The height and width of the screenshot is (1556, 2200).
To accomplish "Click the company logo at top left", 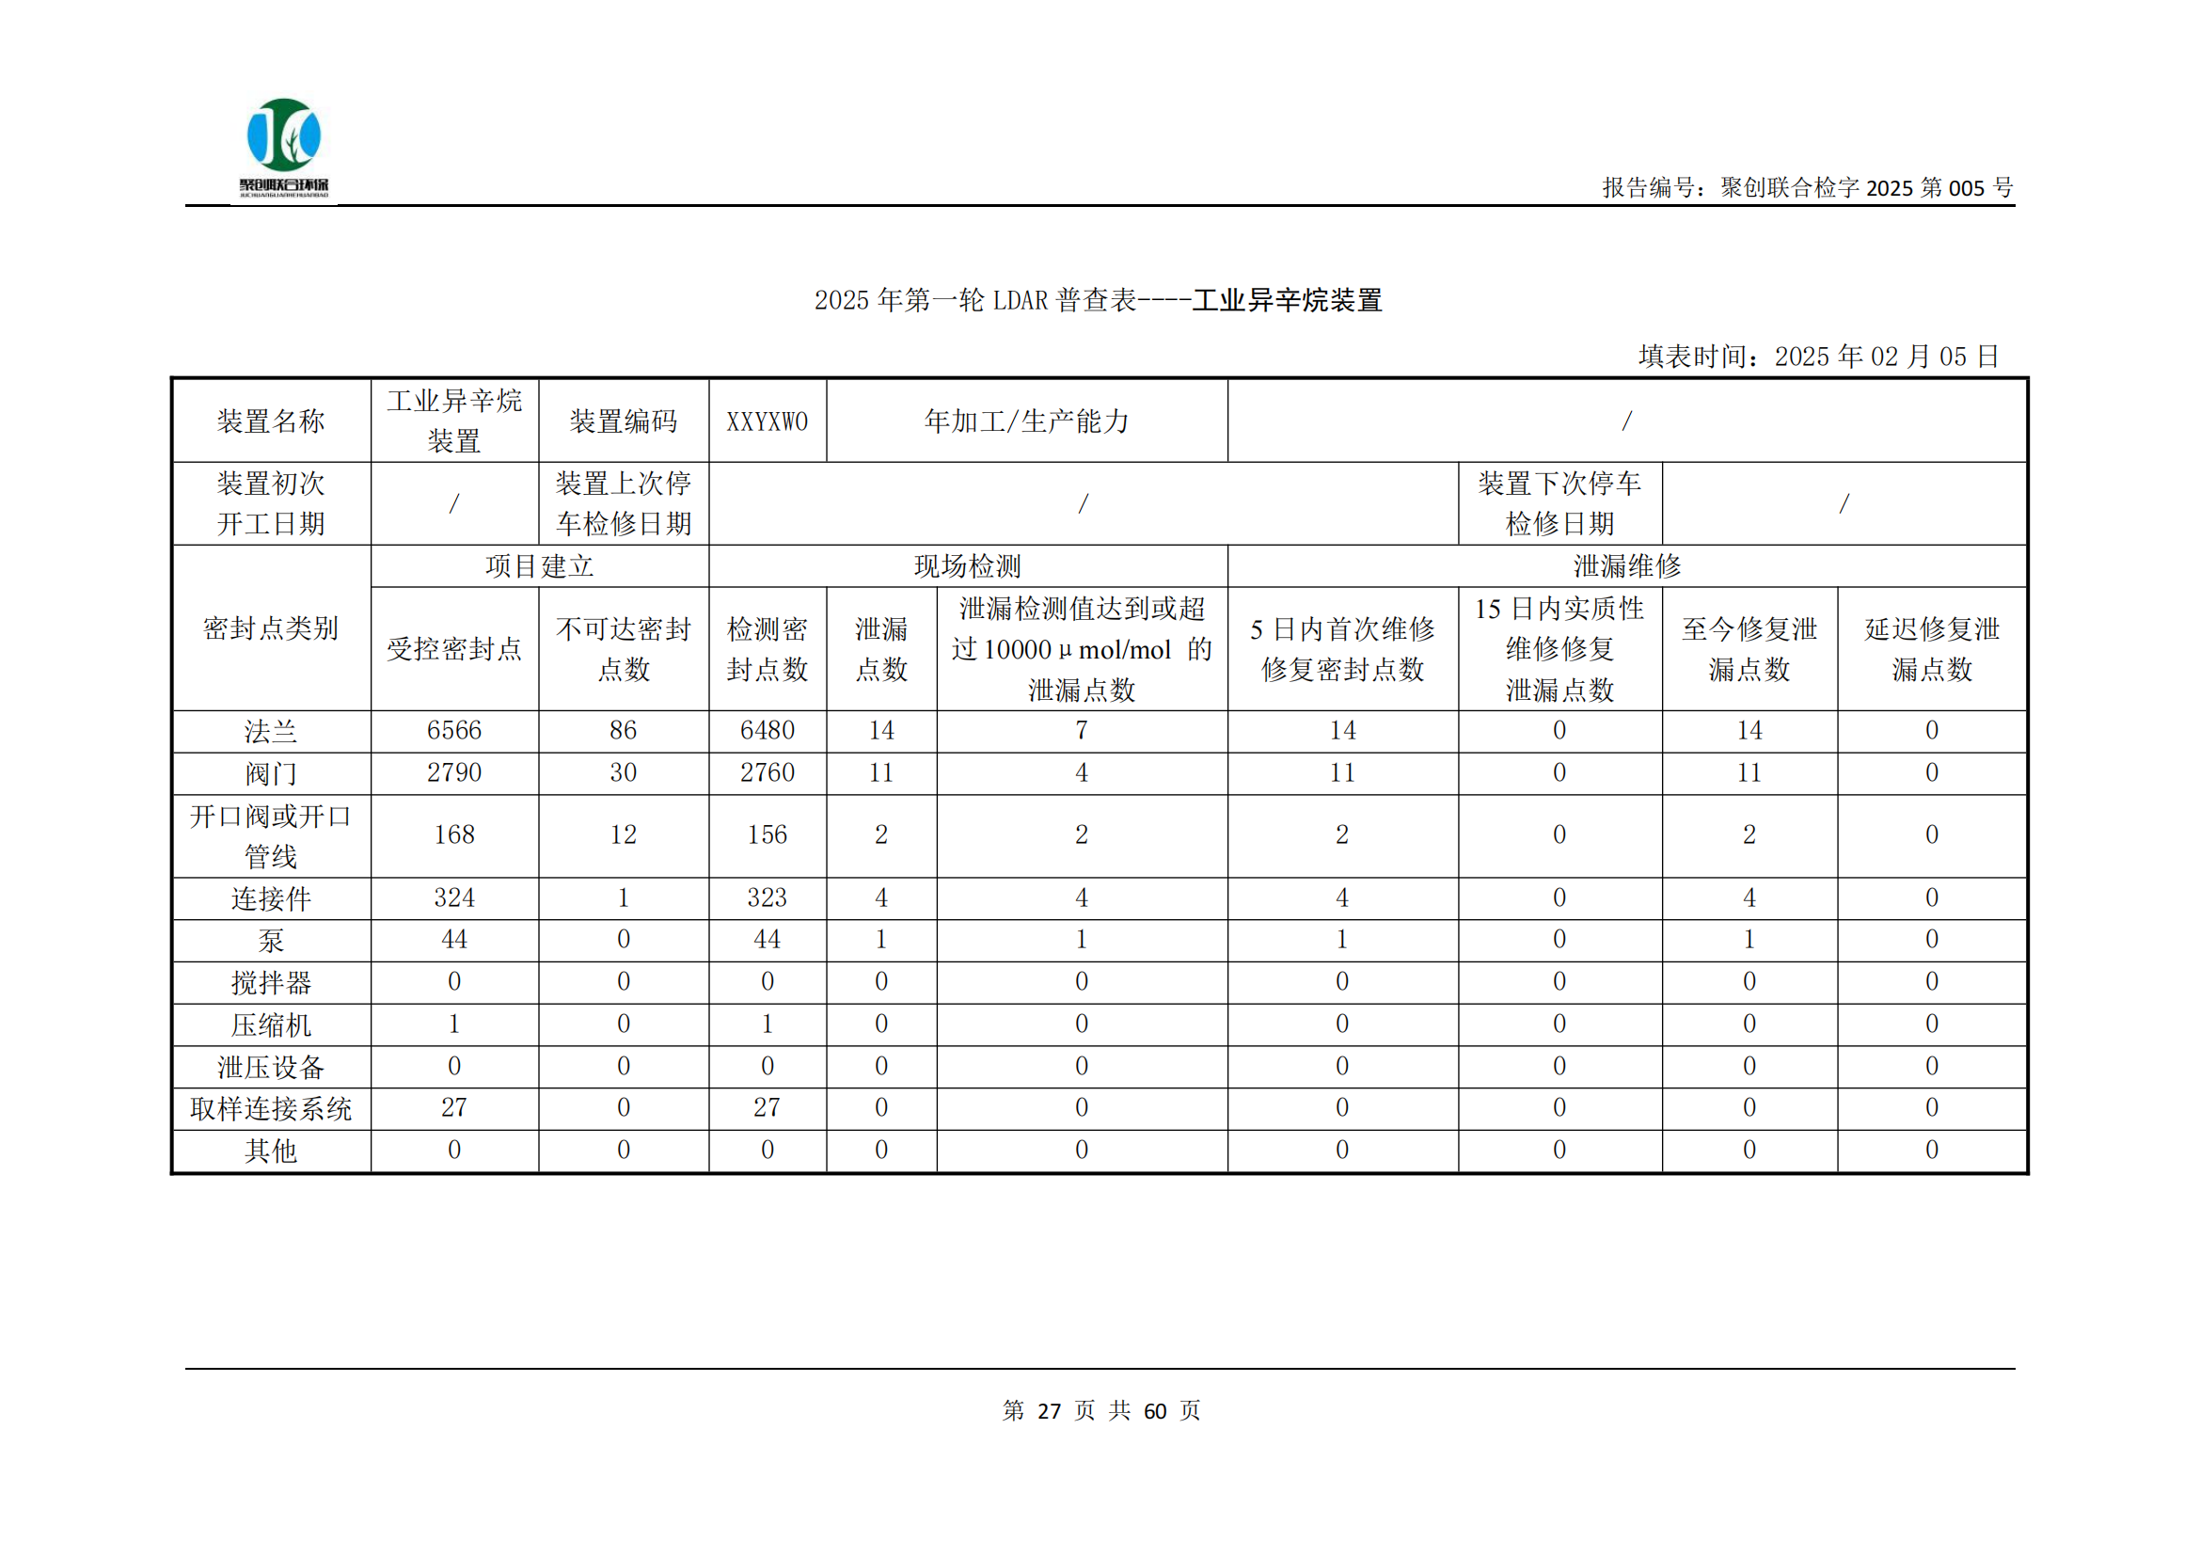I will [284, 147].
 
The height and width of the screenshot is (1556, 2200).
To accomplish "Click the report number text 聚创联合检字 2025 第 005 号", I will [1807, 188].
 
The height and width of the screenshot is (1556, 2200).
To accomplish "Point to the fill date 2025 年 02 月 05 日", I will [1886, 357].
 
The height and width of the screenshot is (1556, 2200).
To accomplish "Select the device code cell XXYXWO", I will [767, 421].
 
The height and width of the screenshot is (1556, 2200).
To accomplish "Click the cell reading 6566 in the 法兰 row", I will [454, 730].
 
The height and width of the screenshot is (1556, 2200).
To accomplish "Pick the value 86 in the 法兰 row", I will [623, 730].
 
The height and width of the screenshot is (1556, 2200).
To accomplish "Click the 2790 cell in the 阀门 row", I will [454, 772].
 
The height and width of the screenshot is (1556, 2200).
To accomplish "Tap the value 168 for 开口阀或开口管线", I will [454, 834].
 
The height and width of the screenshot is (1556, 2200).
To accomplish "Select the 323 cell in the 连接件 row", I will [767, 897].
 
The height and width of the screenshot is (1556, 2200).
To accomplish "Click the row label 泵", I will [271, 940].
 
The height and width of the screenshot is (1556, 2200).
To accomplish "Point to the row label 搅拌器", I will [271, 982].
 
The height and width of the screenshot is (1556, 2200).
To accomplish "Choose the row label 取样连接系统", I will [271, 1108].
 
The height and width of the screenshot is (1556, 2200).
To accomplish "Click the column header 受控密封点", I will [454, 649].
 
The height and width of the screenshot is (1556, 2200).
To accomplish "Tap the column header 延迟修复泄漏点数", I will [1931, 649].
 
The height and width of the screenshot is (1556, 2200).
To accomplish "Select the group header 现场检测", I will [968, 566].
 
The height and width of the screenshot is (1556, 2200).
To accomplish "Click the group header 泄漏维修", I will [1627, 566].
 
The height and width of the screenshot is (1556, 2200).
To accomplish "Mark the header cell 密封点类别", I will [271, 628].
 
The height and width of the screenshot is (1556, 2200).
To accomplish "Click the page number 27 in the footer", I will [1050, 1410].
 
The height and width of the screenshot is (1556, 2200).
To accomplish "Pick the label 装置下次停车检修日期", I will [1559, 504].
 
